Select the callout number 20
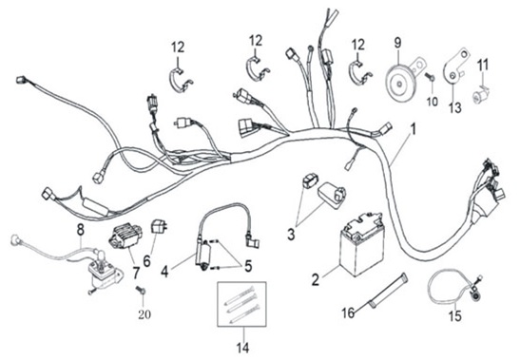[x=144, y=313]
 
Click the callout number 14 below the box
[x=242, y=347]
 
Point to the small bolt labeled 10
[x=430, y=77]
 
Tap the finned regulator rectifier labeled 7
[x=125, y=236]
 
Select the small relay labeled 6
[x=159, y=226]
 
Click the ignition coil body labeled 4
[x=203, y=253]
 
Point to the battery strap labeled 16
[x=388, y=291]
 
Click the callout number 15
[x=455, y=316]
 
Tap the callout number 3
[x=291, y=235]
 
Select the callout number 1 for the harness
[x=413, y=129]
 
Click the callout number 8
[x=81, y=228]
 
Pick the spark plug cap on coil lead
[x=252, y=241]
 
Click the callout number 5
[x=248, y=266]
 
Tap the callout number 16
[x=348, y=313]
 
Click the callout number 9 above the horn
[x=397, y=43]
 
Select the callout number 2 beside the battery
[x=315, y=280]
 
